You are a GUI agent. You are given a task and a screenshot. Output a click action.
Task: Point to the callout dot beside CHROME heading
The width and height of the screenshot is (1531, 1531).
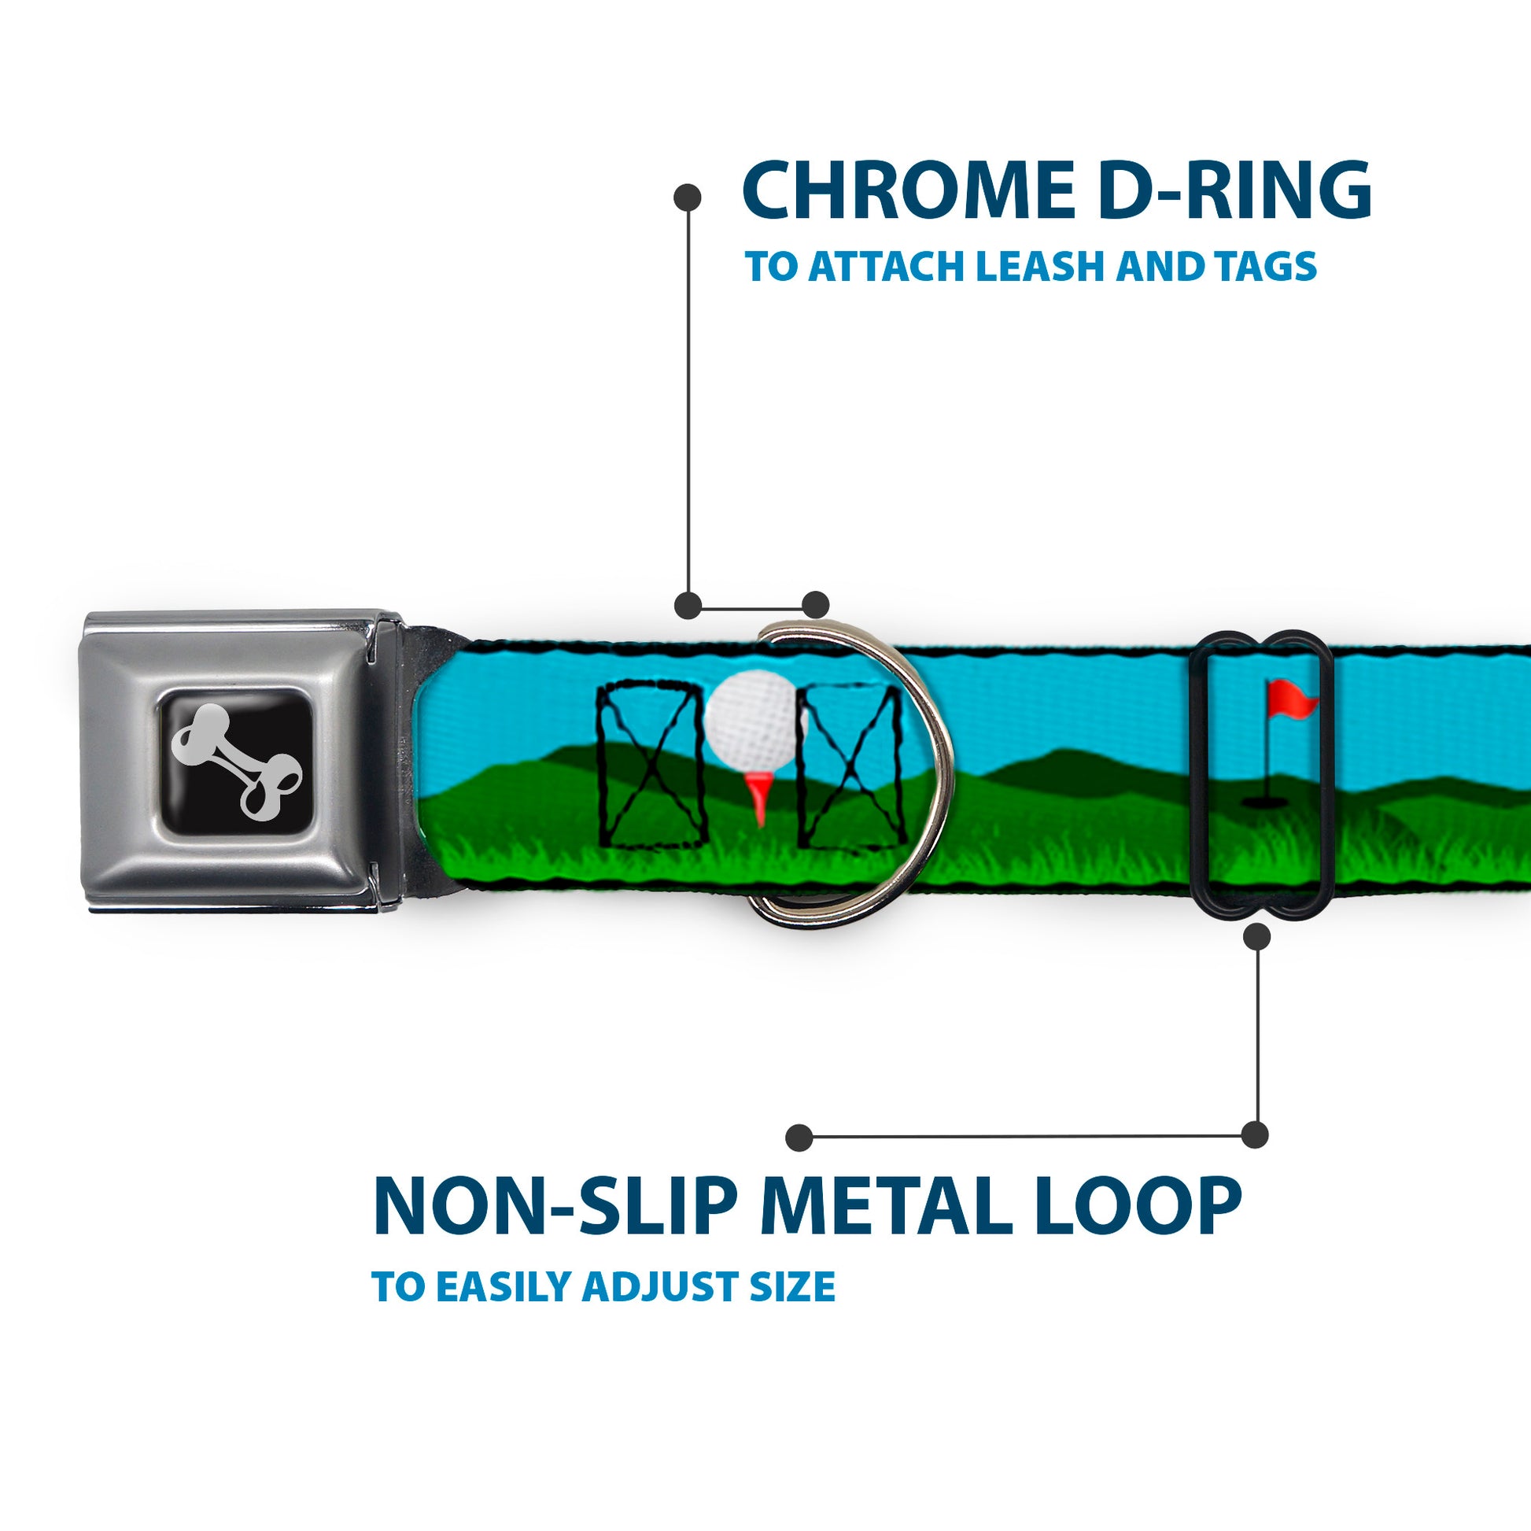click(x=686, y=197)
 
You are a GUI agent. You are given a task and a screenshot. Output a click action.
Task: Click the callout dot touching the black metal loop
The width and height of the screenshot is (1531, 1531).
click(x=1256, y=937)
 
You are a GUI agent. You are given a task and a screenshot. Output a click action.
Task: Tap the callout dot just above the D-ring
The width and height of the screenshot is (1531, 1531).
click(x=815, y=605)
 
